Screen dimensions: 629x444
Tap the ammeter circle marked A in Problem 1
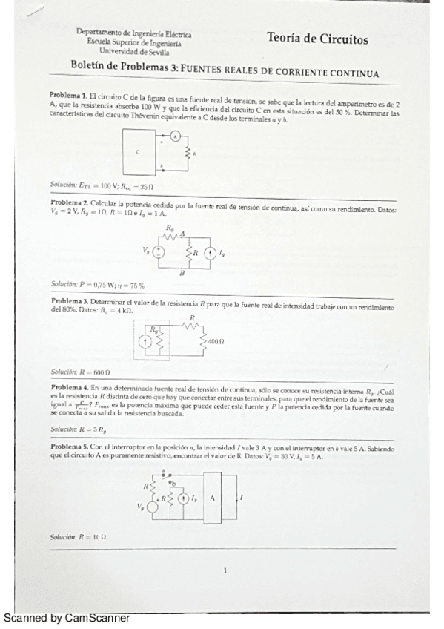tap(176, 136)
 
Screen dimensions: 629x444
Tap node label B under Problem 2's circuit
tap(181, 274)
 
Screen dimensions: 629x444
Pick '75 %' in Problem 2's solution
tap(134, 284)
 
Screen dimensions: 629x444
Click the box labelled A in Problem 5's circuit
tap(212, 498)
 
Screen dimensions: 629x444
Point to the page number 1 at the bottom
tap(224, 570)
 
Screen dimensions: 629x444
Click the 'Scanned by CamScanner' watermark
tap(67, 617)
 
